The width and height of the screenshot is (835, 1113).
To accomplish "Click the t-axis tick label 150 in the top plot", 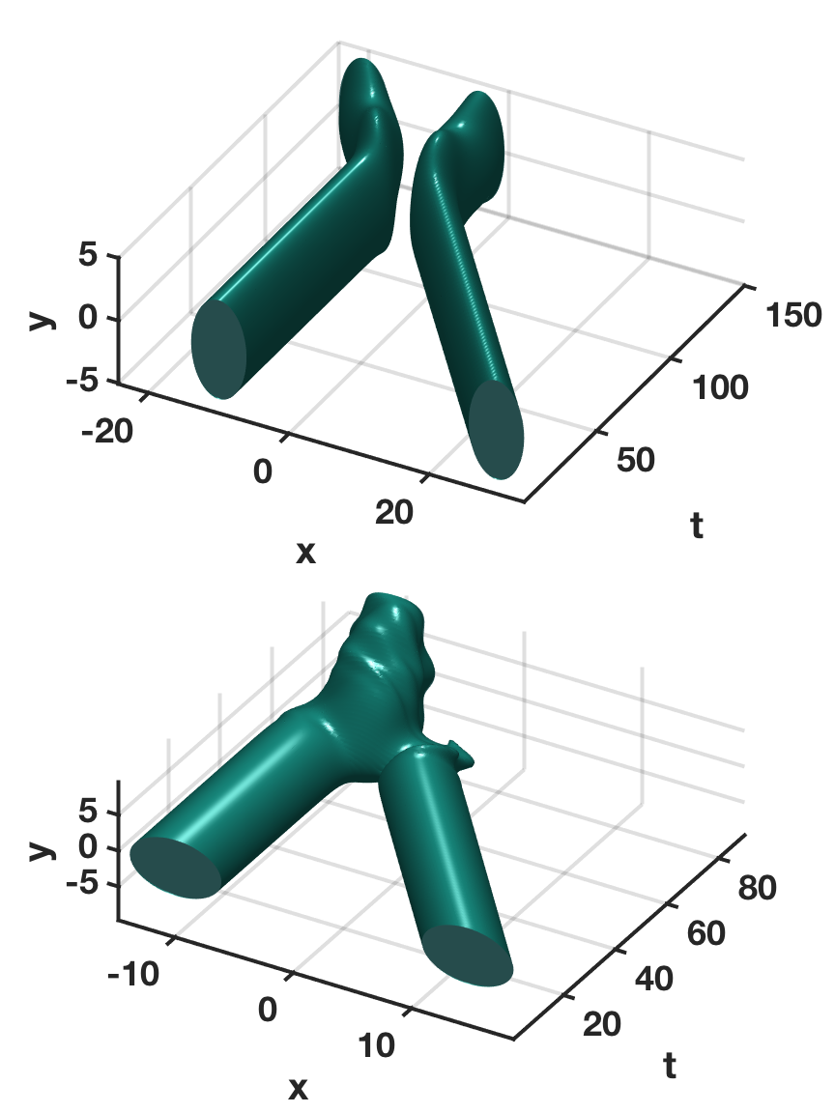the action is coord(793,314).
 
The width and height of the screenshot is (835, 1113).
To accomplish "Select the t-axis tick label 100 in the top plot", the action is coord(720,387).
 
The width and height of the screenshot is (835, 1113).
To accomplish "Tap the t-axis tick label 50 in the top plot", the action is coord(636,460).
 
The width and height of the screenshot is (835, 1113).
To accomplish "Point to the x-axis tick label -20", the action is coord(107,431).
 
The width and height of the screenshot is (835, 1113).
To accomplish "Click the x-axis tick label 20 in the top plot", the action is coord(394,512).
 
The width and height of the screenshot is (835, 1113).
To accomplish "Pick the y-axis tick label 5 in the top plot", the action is coord(87,253).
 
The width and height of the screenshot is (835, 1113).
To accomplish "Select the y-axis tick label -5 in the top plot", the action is coord(81,381).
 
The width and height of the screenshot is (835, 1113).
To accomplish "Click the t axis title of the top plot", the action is coord(697,526).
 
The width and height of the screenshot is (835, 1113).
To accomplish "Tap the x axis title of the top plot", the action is coord(305,553).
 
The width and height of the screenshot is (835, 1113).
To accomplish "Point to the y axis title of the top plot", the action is coord(43,318).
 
